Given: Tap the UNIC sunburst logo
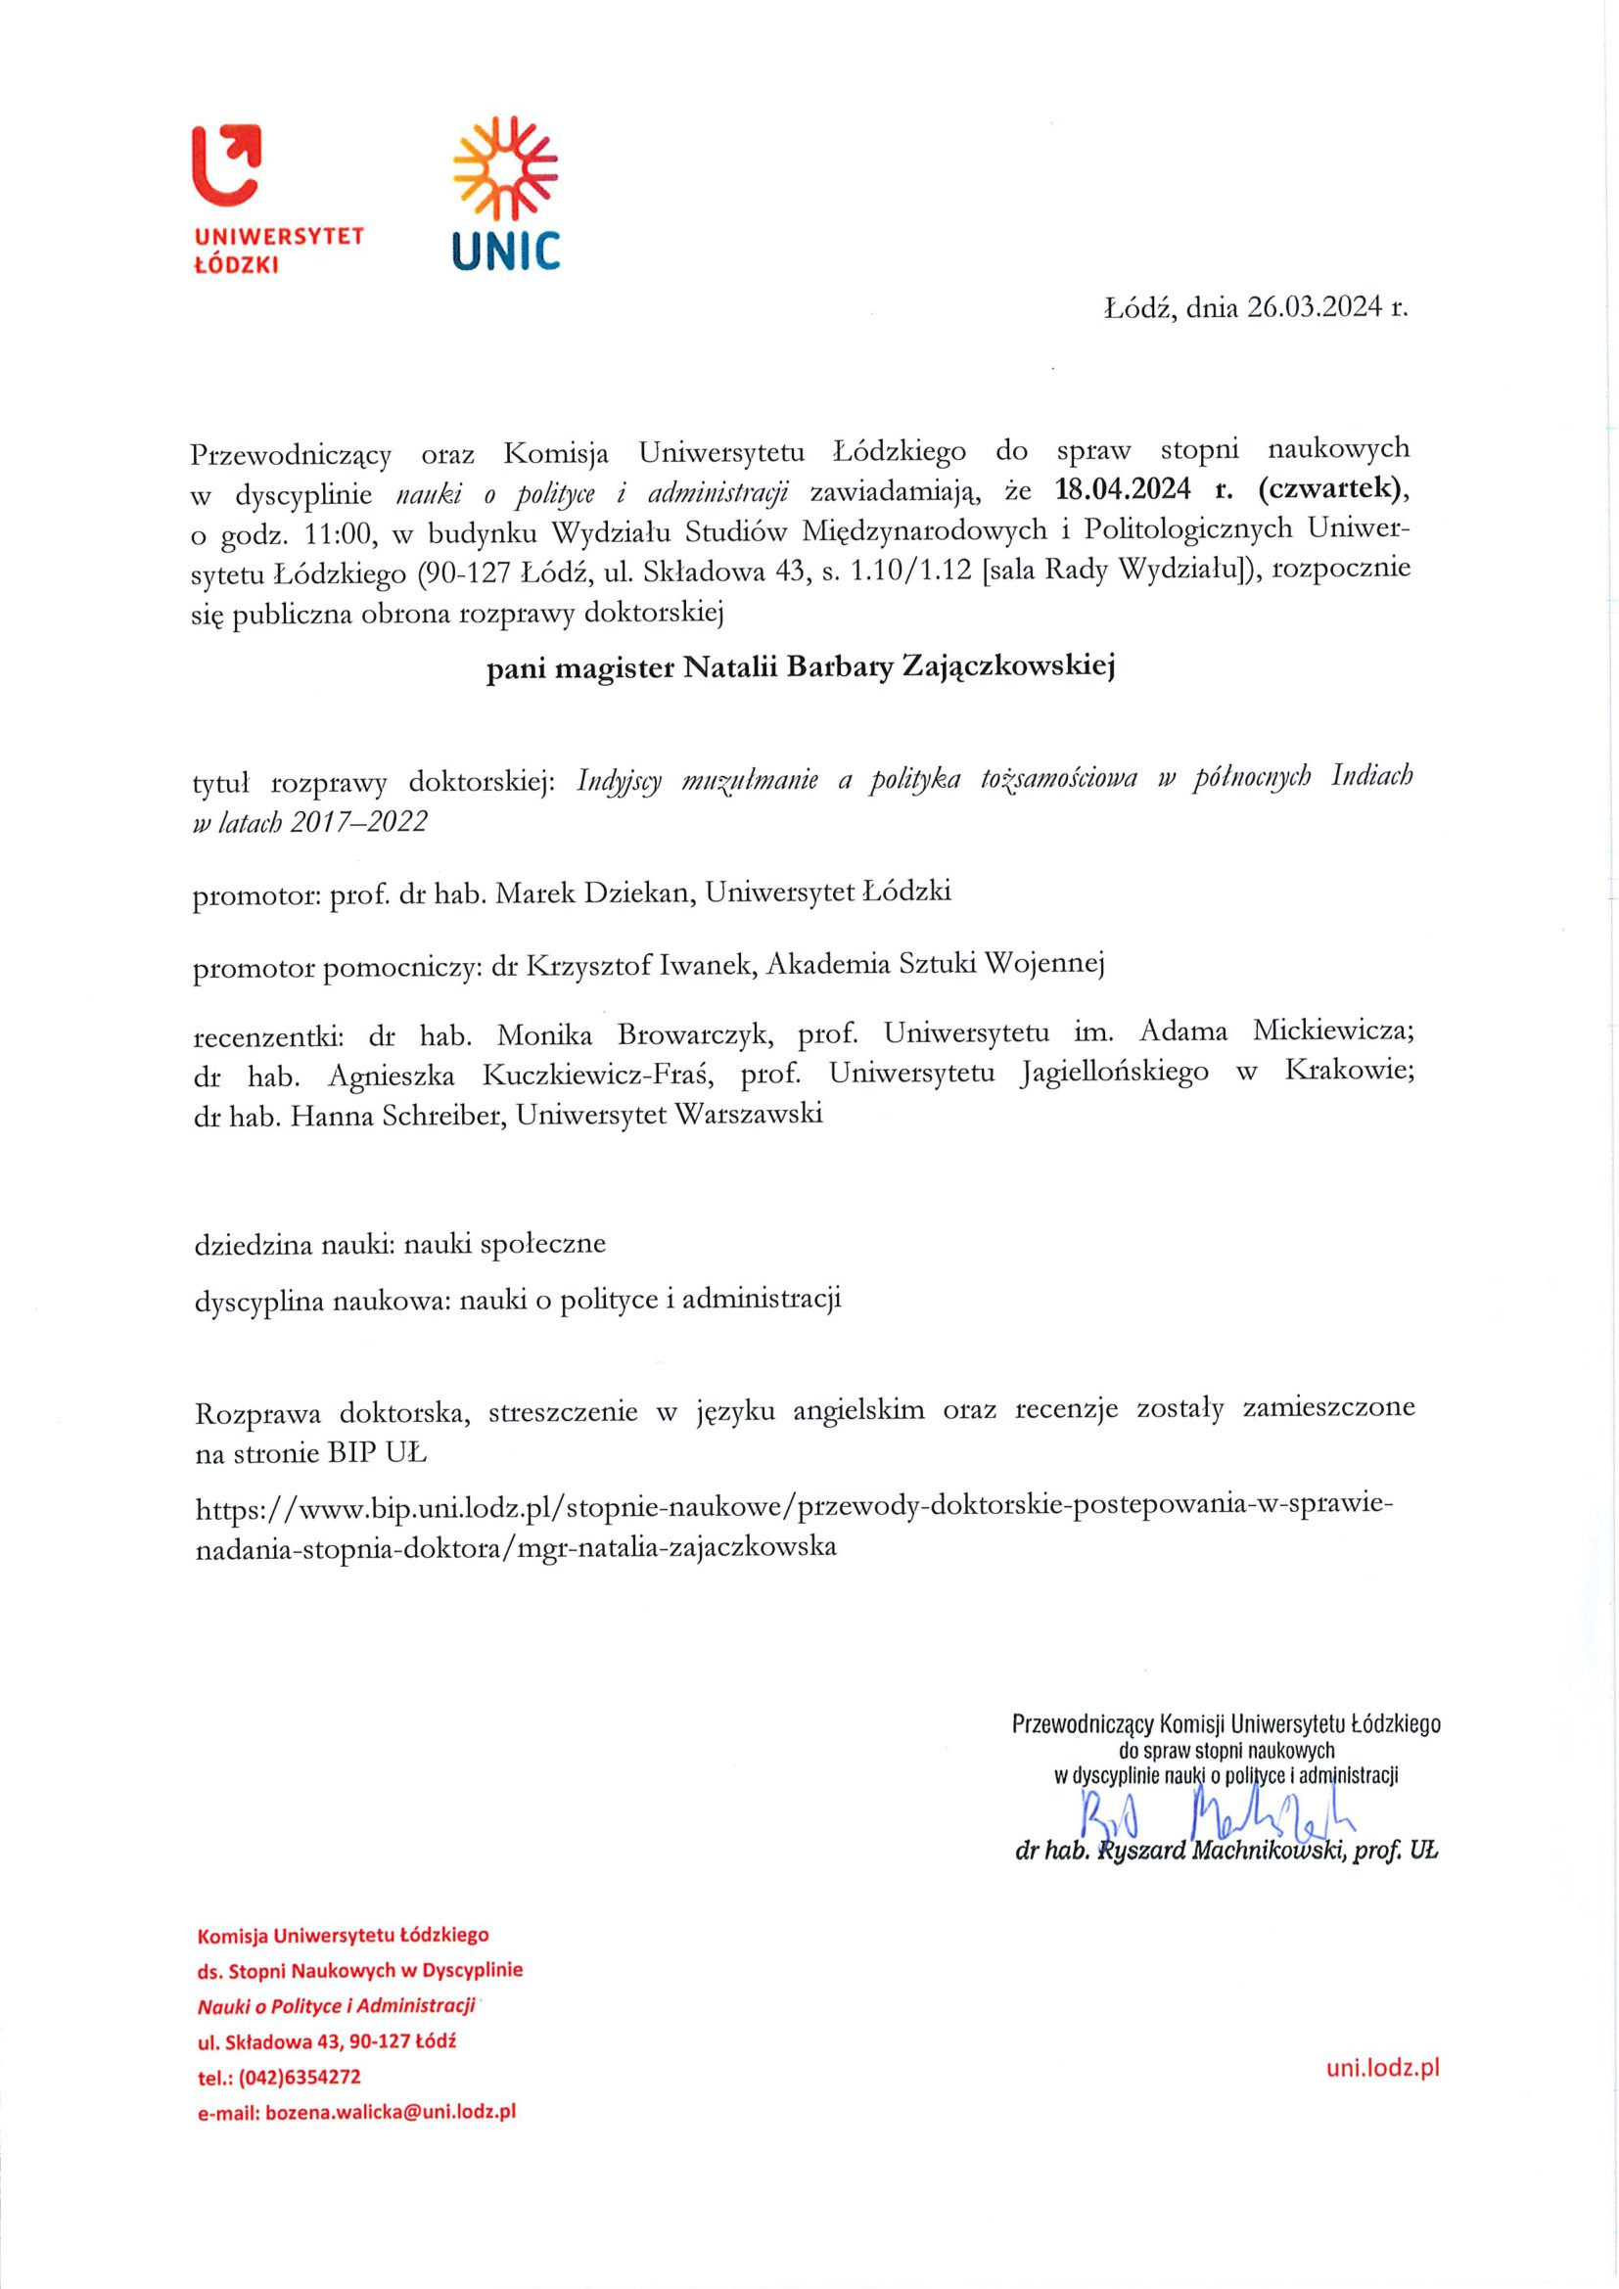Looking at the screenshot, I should (505, 166).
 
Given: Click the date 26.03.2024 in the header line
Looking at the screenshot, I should (1315, 308).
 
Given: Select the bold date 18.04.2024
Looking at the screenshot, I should (1123, 492).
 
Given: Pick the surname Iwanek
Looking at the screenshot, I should (705, 964).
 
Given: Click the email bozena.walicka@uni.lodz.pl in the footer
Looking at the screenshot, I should (391, 2112).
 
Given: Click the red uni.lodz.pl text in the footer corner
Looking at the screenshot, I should (1383, 2068).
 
